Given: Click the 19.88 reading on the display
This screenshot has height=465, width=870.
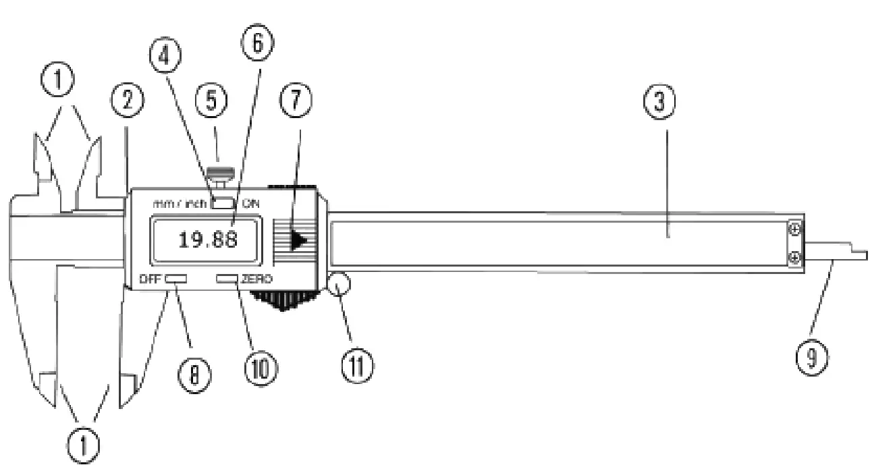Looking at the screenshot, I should click(x=207, y=240).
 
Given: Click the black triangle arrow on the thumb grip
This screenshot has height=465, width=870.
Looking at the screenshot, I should click(x=298, y=240).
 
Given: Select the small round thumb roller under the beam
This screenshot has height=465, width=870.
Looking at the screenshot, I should click(x=339, y=283).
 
